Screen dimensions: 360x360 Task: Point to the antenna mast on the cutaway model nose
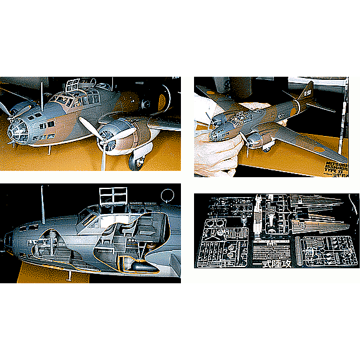click(x=44, y=206)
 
